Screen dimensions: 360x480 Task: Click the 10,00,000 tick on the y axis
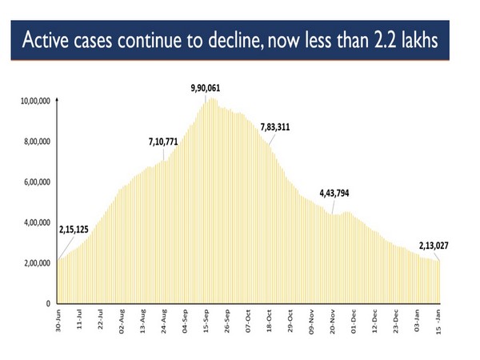pos(34,101)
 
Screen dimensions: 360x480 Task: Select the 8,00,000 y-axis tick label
pos(36,142)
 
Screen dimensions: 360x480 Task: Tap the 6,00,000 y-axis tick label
pos(36,182)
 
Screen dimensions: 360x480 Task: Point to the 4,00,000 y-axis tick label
pos(36,223)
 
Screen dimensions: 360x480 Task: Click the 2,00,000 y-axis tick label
pos(36,263)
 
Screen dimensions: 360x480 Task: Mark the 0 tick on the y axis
pos(49,304)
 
